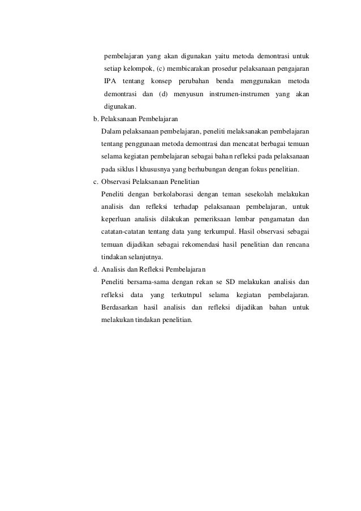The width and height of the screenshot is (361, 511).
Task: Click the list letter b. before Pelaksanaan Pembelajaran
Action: pyautogui.click(x=95, y=119)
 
